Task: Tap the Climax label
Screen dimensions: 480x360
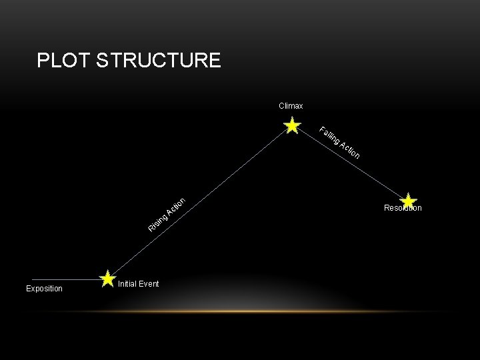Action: [x=291, y=106]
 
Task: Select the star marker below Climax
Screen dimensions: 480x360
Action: [x=291, y=126]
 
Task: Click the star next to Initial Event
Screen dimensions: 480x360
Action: [x=107, y=279]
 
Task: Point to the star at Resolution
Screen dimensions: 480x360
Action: [x=409, y=200]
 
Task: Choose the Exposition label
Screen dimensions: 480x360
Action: [x=44, y=289]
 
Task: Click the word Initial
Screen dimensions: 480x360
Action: [x=128, y=284]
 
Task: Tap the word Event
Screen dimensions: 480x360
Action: [x=149, y=284]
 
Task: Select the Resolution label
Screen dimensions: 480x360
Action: [x=403, y=209]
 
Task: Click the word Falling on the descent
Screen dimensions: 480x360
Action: [x=329, y=135]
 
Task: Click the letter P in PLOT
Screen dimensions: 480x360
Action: [x=43, y=61]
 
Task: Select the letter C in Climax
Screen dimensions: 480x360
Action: [x=281, y=106]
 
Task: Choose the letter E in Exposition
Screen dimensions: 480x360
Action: [x=28, y=289]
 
